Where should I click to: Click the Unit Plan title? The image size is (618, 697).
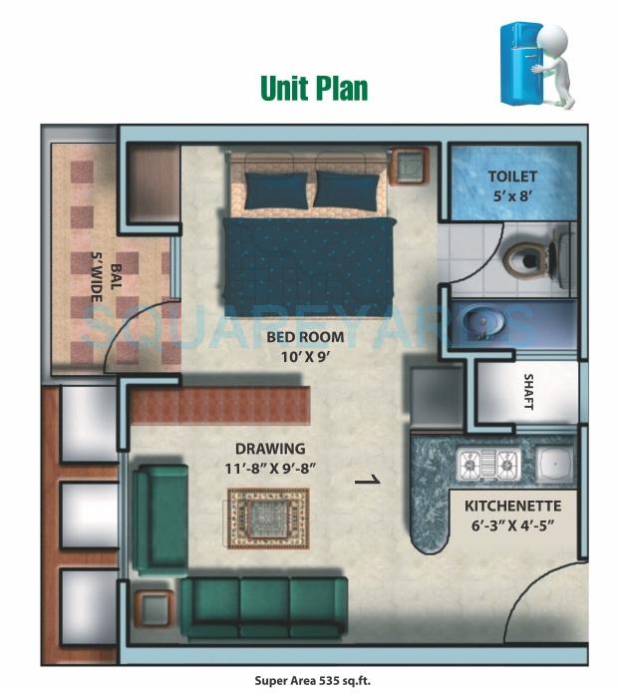314,88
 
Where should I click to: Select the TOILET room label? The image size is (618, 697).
512,176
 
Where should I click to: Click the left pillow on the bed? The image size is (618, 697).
276,189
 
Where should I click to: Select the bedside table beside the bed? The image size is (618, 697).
409,166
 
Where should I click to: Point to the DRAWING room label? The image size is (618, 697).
270,449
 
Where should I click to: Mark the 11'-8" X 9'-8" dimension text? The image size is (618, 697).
270,467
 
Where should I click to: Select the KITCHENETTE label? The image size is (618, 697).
512,506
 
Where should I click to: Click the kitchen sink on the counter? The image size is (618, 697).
552,463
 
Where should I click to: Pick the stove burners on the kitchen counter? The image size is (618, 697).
487,463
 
